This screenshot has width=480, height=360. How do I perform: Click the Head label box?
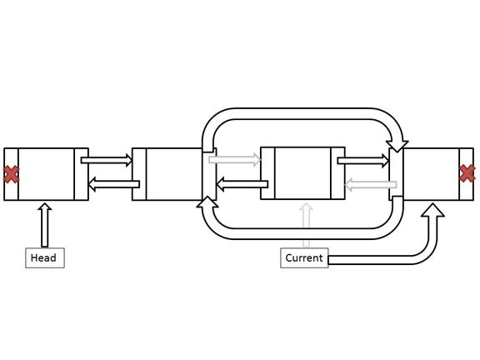45,258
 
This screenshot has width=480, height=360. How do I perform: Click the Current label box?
304,258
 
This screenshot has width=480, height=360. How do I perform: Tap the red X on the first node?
11,174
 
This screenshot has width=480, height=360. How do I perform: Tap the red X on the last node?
467,173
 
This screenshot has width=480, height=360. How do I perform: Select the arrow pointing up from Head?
45,224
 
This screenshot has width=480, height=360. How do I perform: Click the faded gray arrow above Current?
306,224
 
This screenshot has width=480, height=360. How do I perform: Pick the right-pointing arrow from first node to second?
107,160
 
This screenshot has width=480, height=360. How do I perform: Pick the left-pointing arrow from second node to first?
114,184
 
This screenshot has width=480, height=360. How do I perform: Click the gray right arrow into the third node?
235,160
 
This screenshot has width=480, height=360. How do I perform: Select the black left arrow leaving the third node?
242,184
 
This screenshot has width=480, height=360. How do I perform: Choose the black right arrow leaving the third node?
363,161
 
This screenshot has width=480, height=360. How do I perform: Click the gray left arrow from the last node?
371,185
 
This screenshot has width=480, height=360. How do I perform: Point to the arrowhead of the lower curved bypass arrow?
207,202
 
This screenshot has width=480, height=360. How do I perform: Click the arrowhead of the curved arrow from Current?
432,210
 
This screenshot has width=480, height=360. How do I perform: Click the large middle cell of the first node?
46,174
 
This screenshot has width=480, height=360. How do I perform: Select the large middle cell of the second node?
174,174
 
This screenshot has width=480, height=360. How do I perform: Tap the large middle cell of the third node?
302,173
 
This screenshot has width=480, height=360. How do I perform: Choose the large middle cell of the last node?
432,174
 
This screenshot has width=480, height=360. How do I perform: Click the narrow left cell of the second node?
139,174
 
